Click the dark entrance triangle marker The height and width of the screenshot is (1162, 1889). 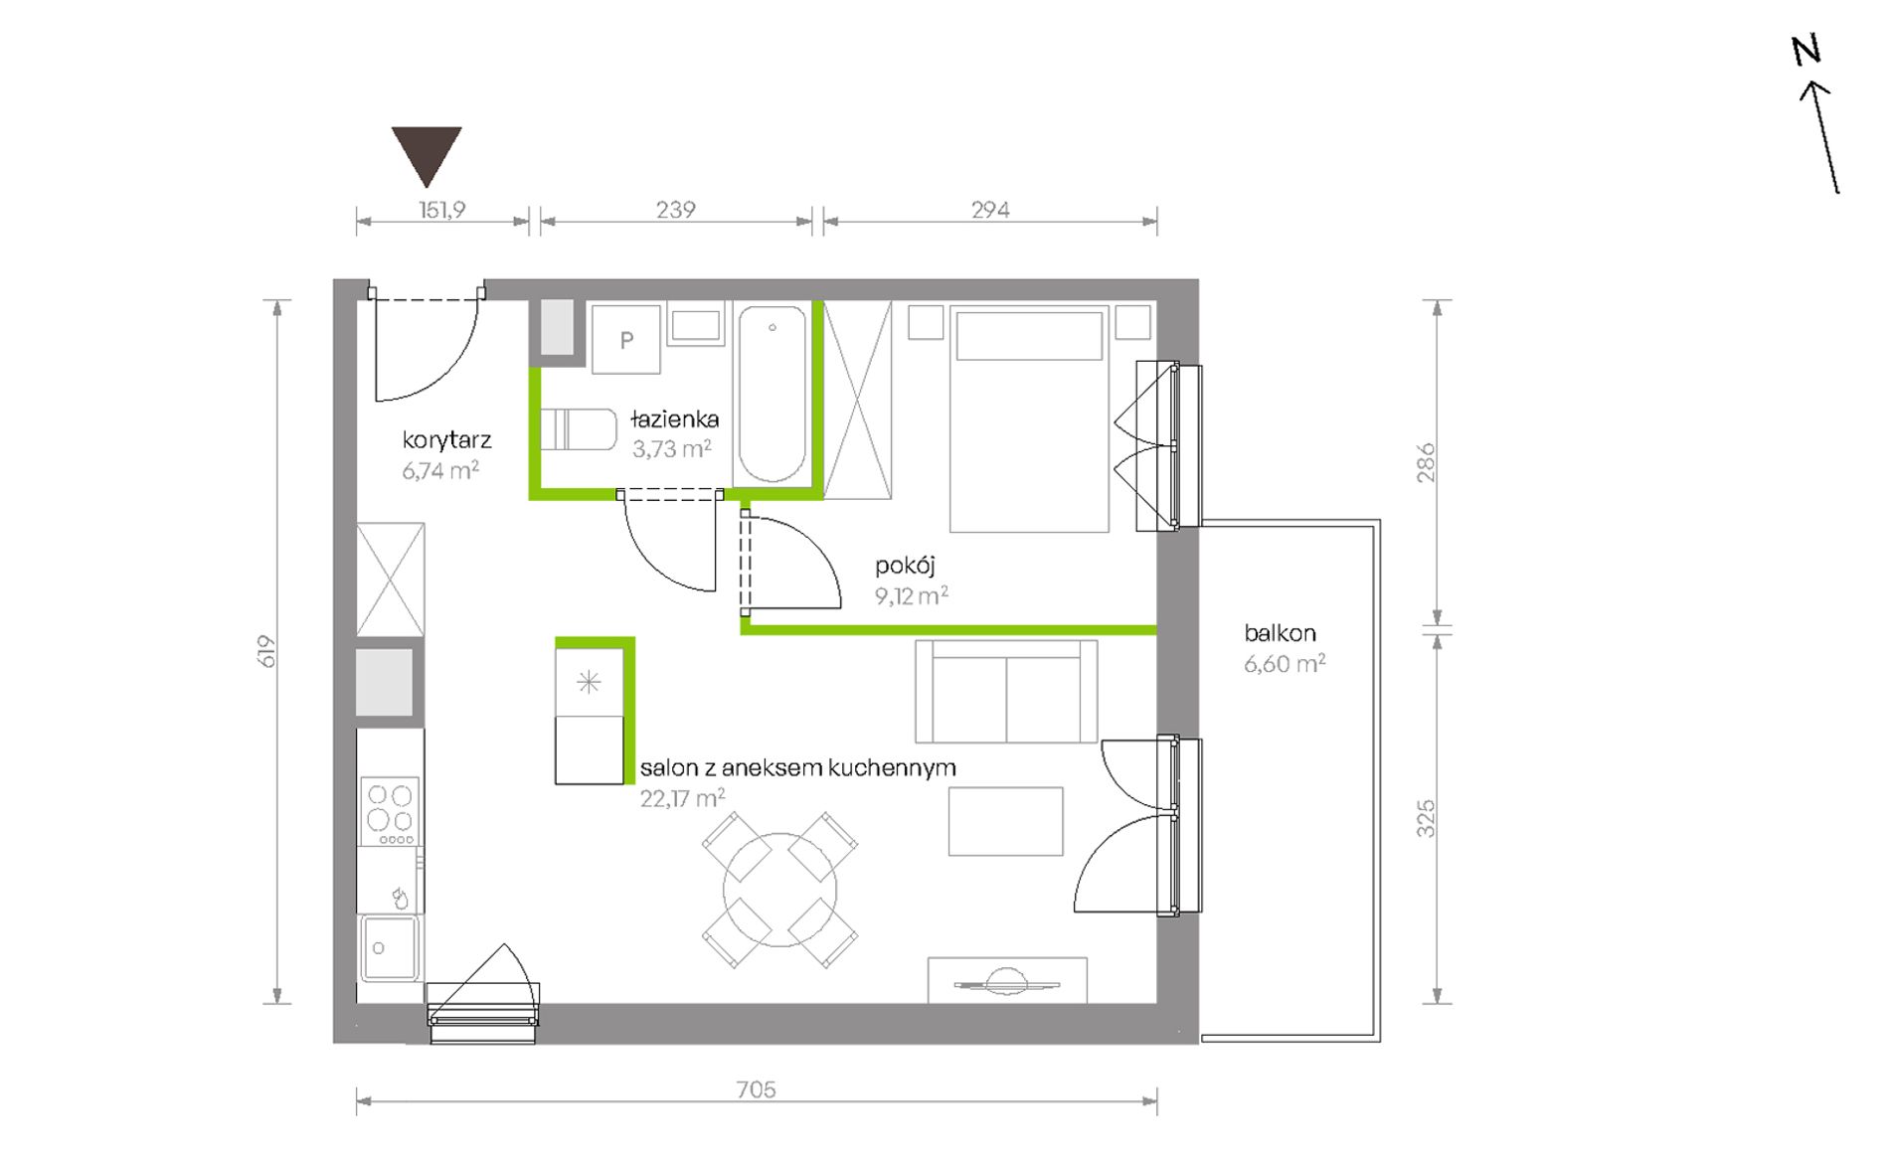tap(427, 152)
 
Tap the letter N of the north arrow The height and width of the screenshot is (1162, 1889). tap(1806, 50)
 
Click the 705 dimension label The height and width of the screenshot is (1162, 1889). tap(756, 1089)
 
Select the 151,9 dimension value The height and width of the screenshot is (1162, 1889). tap(441, 210)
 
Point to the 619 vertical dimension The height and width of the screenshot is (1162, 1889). tap(266, 651)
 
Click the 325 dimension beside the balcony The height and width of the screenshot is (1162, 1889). tap(1426, 818)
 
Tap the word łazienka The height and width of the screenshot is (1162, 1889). tap(674, 419)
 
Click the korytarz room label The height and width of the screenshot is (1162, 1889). tap(446, 439)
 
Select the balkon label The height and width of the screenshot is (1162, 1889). tap(1280, 633)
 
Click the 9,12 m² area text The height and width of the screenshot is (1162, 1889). tap(911, 595)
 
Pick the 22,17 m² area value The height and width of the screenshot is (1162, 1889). tap(682, 797)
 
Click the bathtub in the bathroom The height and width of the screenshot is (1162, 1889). tap(772, 394)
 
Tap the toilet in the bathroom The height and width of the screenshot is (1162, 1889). tap(579, 429)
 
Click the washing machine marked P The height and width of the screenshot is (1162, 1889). tap(626, 339)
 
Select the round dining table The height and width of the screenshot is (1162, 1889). tap(780, 890)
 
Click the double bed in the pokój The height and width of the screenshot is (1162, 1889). tap(1029, 418)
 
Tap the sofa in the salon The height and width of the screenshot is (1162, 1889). tap(1006, 691)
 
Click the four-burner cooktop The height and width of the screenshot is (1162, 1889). tap(390, 811)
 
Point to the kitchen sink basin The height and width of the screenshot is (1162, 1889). tap(390, 948)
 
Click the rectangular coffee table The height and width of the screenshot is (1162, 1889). tap(1005, 821)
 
